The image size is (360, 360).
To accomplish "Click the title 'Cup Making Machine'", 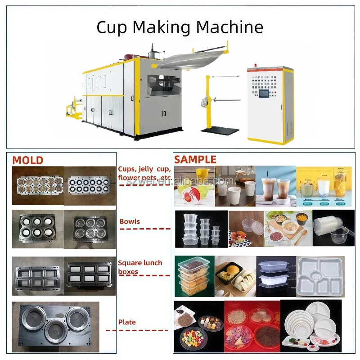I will [180, 27].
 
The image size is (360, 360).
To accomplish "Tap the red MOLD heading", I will [27, 160].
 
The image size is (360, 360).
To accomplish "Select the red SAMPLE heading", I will [195, 160].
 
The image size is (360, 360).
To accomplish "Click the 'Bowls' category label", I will [130, 222].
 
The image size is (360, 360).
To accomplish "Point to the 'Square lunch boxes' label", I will [140, 267].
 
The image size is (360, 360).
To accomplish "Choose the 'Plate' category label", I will [127, 322].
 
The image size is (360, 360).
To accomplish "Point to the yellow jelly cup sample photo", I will [193, 185].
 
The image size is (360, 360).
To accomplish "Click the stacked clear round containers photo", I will [200, 229].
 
